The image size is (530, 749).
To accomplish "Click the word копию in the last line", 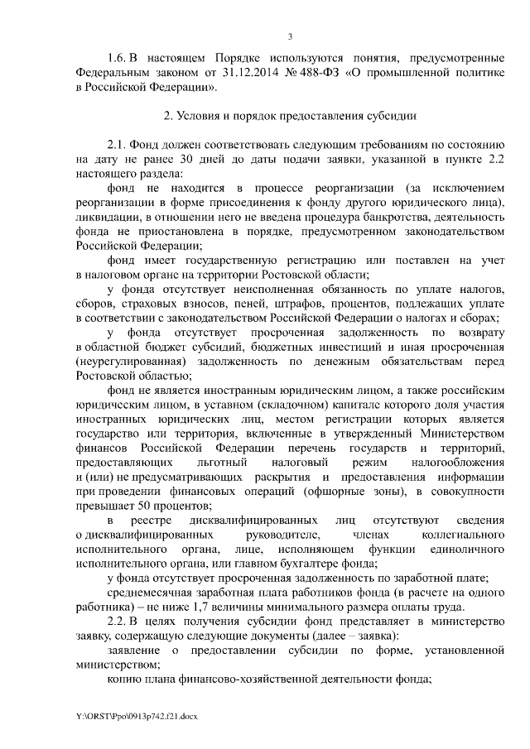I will (126, 676).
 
